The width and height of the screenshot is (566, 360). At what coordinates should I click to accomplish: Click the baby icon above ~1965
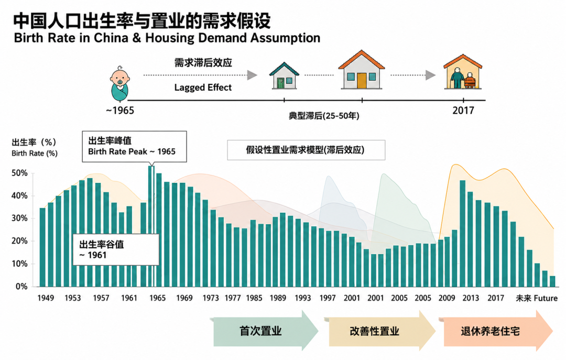tap(120, 84)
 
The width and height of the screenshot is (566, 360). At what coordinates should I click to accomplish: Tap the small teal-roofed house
tap(284, 76)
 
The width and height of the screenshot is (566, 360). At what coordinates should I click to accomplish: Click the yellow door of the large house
tap(361, 81)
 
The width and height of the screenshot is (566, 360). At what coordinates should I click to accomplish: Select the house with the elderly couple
tap(463, 72)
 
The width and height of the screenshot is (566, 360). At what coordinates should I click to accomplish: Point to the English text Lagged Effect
tap(203, 88)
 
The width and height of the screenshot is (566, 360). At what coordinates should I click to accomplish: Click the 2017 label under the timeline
tap(463, 110)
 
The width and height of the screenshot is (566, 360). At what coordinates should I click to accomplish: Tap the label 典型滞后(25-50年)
tap(324, 116)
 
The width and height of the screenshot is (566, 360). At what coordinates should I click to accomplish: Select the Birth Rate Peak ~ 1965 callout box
tap(134, 147)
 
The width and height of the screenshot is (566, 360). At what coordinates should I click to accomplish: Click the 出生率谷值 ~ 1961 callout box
tap(116, 249)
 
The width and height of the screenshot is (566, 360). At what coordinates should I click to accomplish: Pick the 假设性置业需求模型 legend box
tap(306, 150)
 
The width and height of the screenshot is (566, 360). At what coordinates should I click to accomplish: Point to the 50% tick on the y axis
tap(19, 173)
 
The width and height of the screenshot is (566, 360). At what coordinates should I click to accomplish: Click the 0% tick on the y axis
tap(21, 286)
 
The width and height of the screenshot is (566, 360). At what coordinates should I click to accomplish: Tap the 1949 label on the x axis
tap(46, 298)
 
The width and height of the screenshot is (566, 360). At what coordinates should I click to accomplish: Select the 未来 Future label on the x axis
tap(537, 298)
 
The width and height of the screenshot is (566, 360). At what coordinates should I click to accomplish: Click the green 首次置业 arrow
tap(266, 331)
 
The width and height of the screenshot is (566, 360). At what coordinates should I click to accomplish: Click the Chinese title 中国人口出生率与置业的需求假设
tap(142, 21)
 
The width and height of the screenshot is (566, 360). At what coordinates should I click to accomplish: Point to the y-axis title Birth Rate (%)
tap(34, 153)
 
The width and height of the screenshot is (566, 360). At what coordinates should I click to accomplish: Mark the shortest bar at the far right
tap(552, 281)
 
